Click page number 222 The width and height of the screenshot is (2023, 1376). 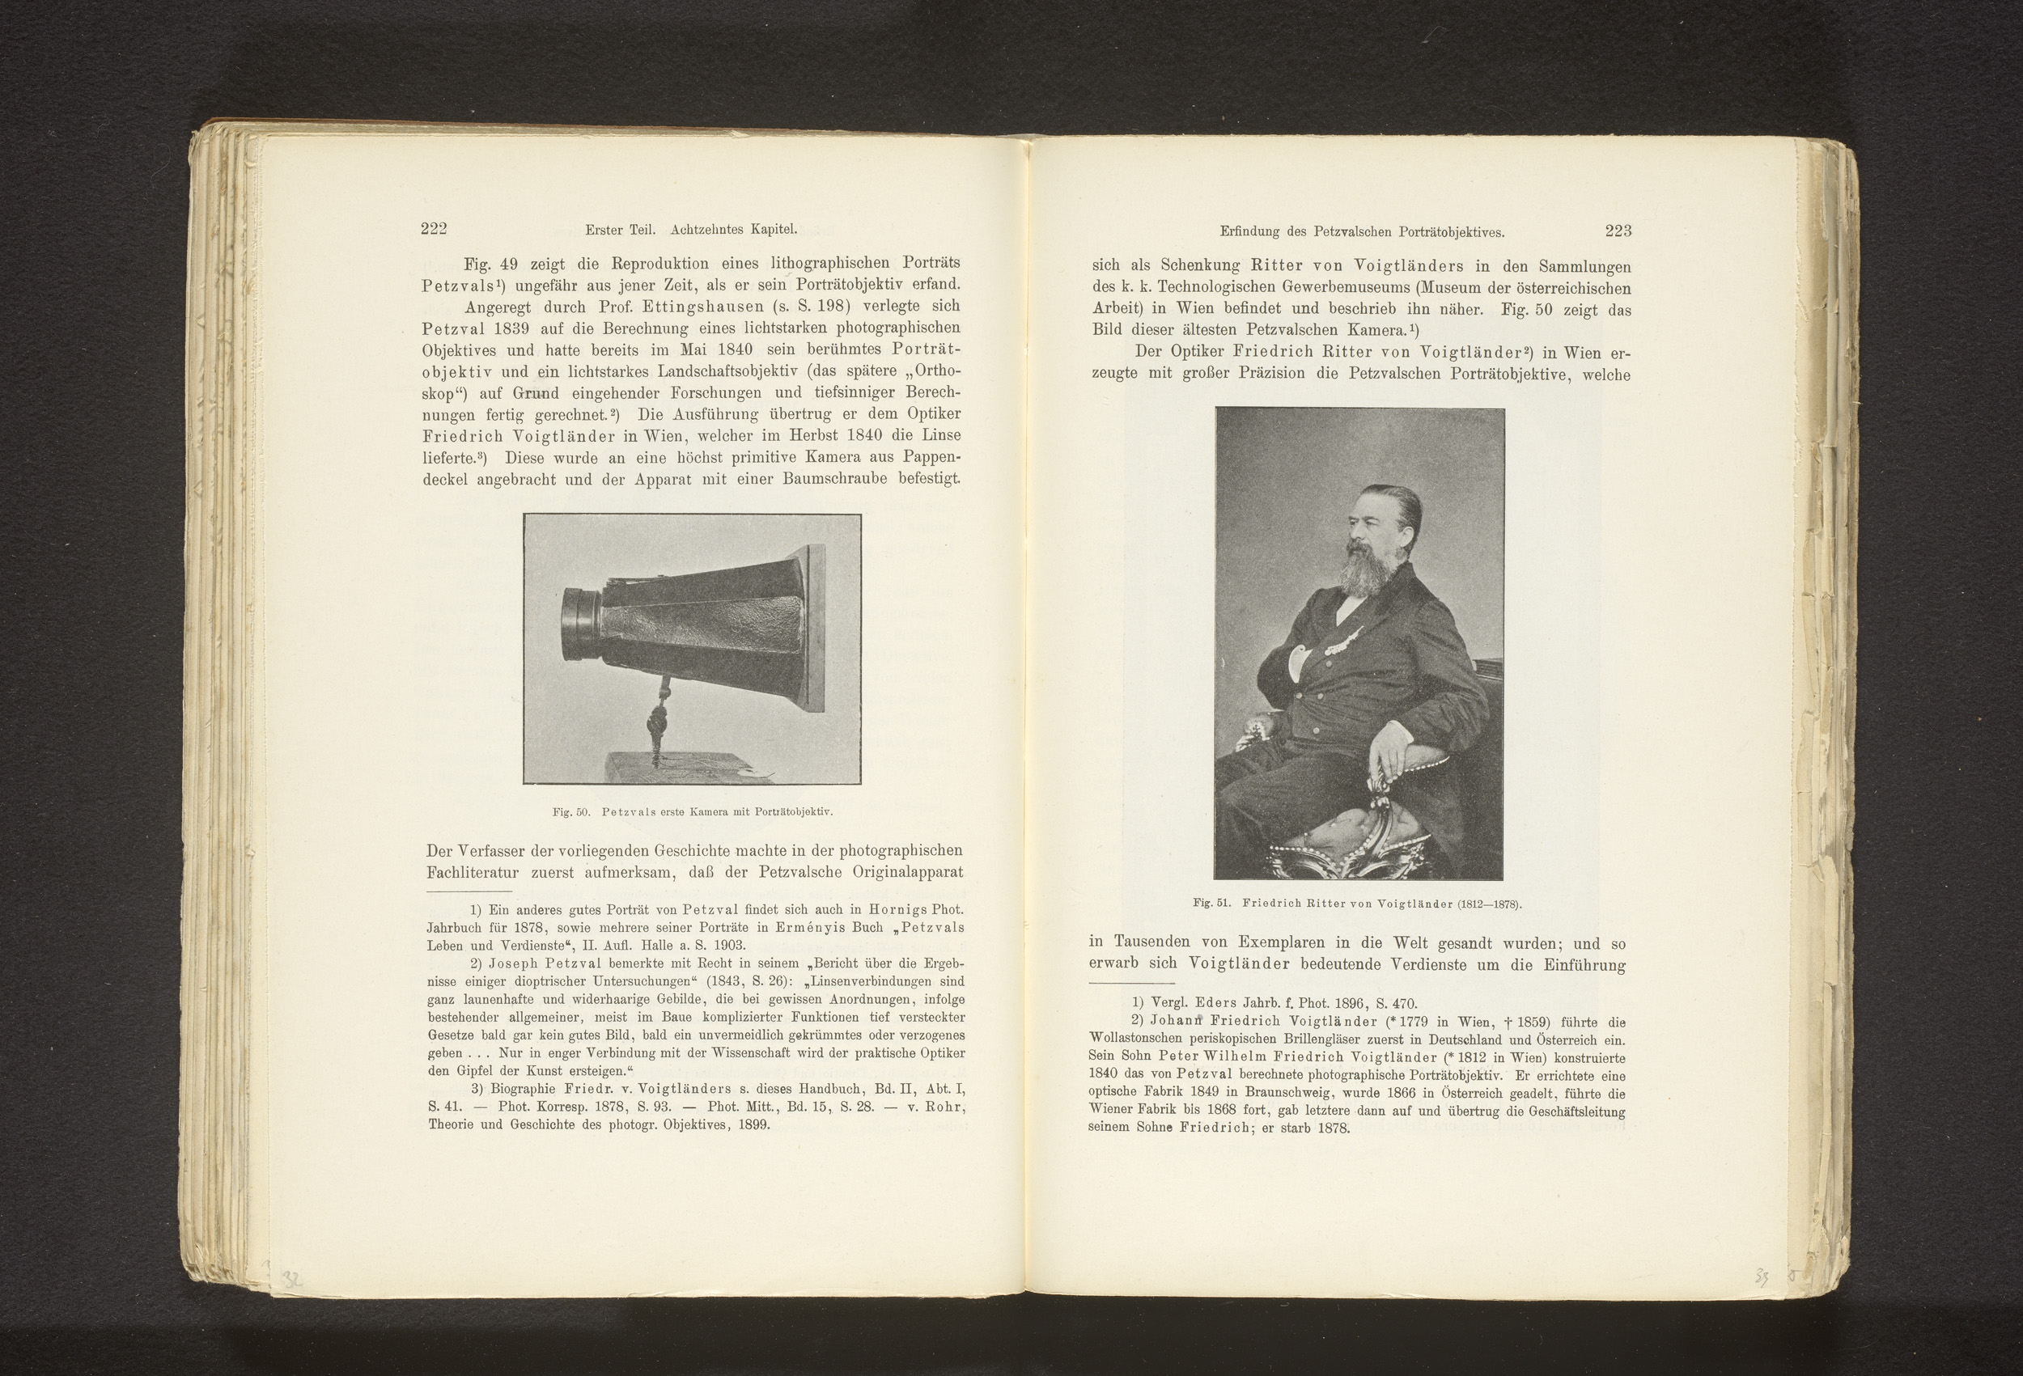(434, 229)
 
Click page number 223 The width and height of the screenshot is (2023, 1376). (1618, 231)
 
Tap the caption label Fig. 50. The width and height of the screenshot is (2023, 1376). (571, 812)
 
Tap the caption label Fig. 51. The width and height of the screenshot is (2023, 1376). (1211, 904)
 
